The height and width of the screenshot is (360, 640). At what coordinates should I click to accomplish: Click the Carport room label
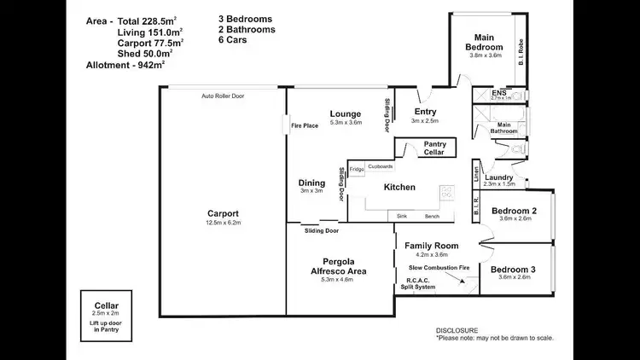pos(223,213)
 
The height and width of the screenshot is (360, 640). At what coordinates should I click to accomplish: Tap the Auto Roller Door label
pos(223,96)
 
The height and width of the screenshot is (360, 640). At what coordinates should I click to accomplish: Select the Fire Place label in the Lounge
pos(305,125)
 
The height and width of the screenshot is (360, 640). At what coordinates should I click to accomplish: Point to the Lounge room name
pos(346,113)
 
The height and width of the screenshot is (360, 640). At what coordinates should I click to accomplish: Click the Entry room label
pos(425,112)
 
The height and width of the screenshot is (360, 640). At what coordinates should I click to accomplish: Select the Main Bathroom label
pos(503,128)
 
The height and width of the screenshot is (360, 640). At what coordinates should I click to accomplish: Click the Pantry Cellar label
pos(434,148)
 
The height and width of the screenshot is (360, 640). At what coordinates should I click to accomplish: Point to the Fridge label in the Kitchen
pos(356,168)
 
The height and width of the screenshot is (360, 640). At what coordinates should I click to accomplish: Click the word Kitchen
pos(399,187)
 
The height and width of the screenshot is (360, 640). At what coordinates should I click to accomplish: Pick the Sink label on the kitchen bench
pos(402,217)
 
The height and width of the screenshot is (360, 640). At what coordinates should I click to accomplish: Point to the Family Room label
pos(431,246)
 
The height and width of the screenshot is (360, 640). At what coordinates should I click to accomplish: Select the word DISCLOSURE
pos(457,330)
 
